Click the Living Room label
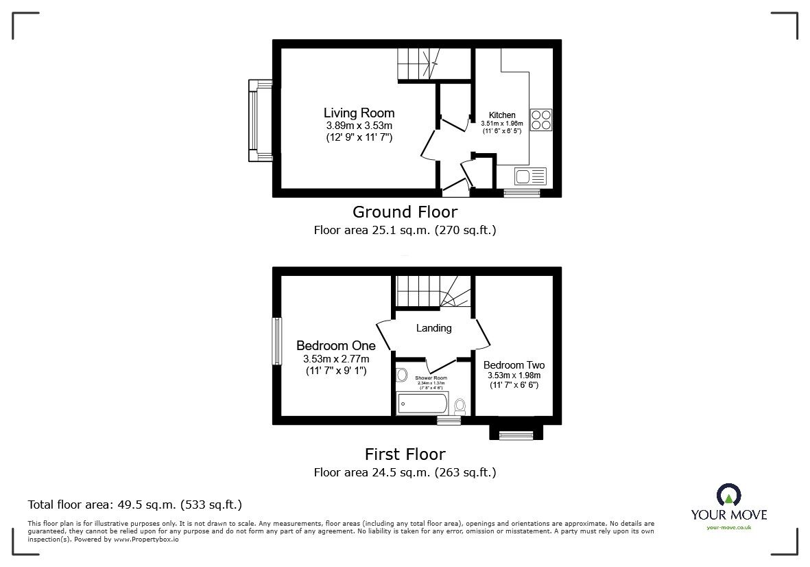click(x=359, y=113)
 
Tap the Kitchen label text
click(x=502, y=115)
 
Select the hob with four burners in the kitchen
click(x=541, y=120)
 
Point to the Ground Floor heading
click(x=405, y=211)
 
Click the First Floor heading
click(x=405, y=454)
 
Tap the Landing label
click(x=434, y=328)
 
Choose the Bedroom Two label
click(x=514, y=365)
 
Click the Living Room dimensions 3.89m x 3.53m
click(x=359, y=126)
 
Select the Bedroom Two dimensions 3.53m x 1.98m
click(x=514, y=375)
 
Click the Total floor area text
click(x=134, y=505)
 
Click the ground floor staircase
click(x=417, y=65)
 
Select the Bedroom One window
click(x=276, y=341)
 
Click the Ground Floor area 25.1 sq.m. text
click(x=405, y=230)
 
